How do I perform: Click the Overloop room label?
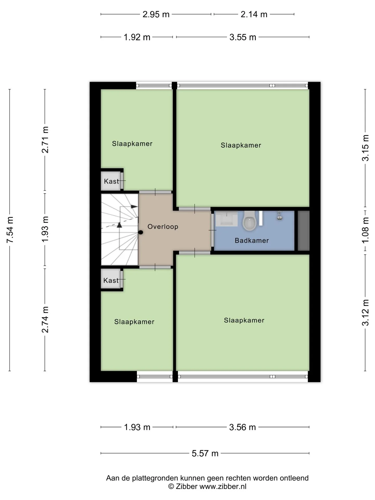click(x=163, y=227)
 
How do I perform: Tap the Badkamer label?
click(x=252, y=240)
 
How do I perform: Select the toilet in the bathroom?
click(x=249, y=221)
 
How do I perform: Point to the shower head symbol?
click(x=280, y=216)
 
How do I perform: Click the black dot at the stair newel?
click(x=141, y=232)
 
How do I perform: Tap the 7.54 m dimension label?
click(x=10, y=230)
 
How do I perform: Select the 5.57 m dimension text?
click(x=205, y=453)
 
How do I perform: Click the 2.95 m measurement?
click(x=156, y=14)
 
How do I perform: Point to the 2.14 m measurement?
click(x=254, y=14)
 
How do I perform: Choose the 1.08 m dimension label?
click(x=365, y=230)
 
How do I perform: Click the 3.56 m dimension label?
click(x=242, y=427)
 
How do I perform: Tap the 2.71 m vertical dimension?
click(x=45, y=140)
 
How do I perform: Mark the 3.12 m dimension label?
click(x=365, y=312)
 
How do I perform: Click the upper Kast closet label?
click(x=111, y=181)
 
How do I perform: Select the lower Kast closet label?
click(x=111, y=280)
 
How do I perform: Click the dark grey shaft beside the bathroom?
click(x=303, y=231)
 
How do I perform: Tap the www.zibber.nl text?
click(x=223, y=486)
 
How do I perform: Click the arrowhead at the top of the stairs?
click(x=134, y=207)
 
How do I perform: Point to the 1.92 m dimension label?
click(x=137, y=37)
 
